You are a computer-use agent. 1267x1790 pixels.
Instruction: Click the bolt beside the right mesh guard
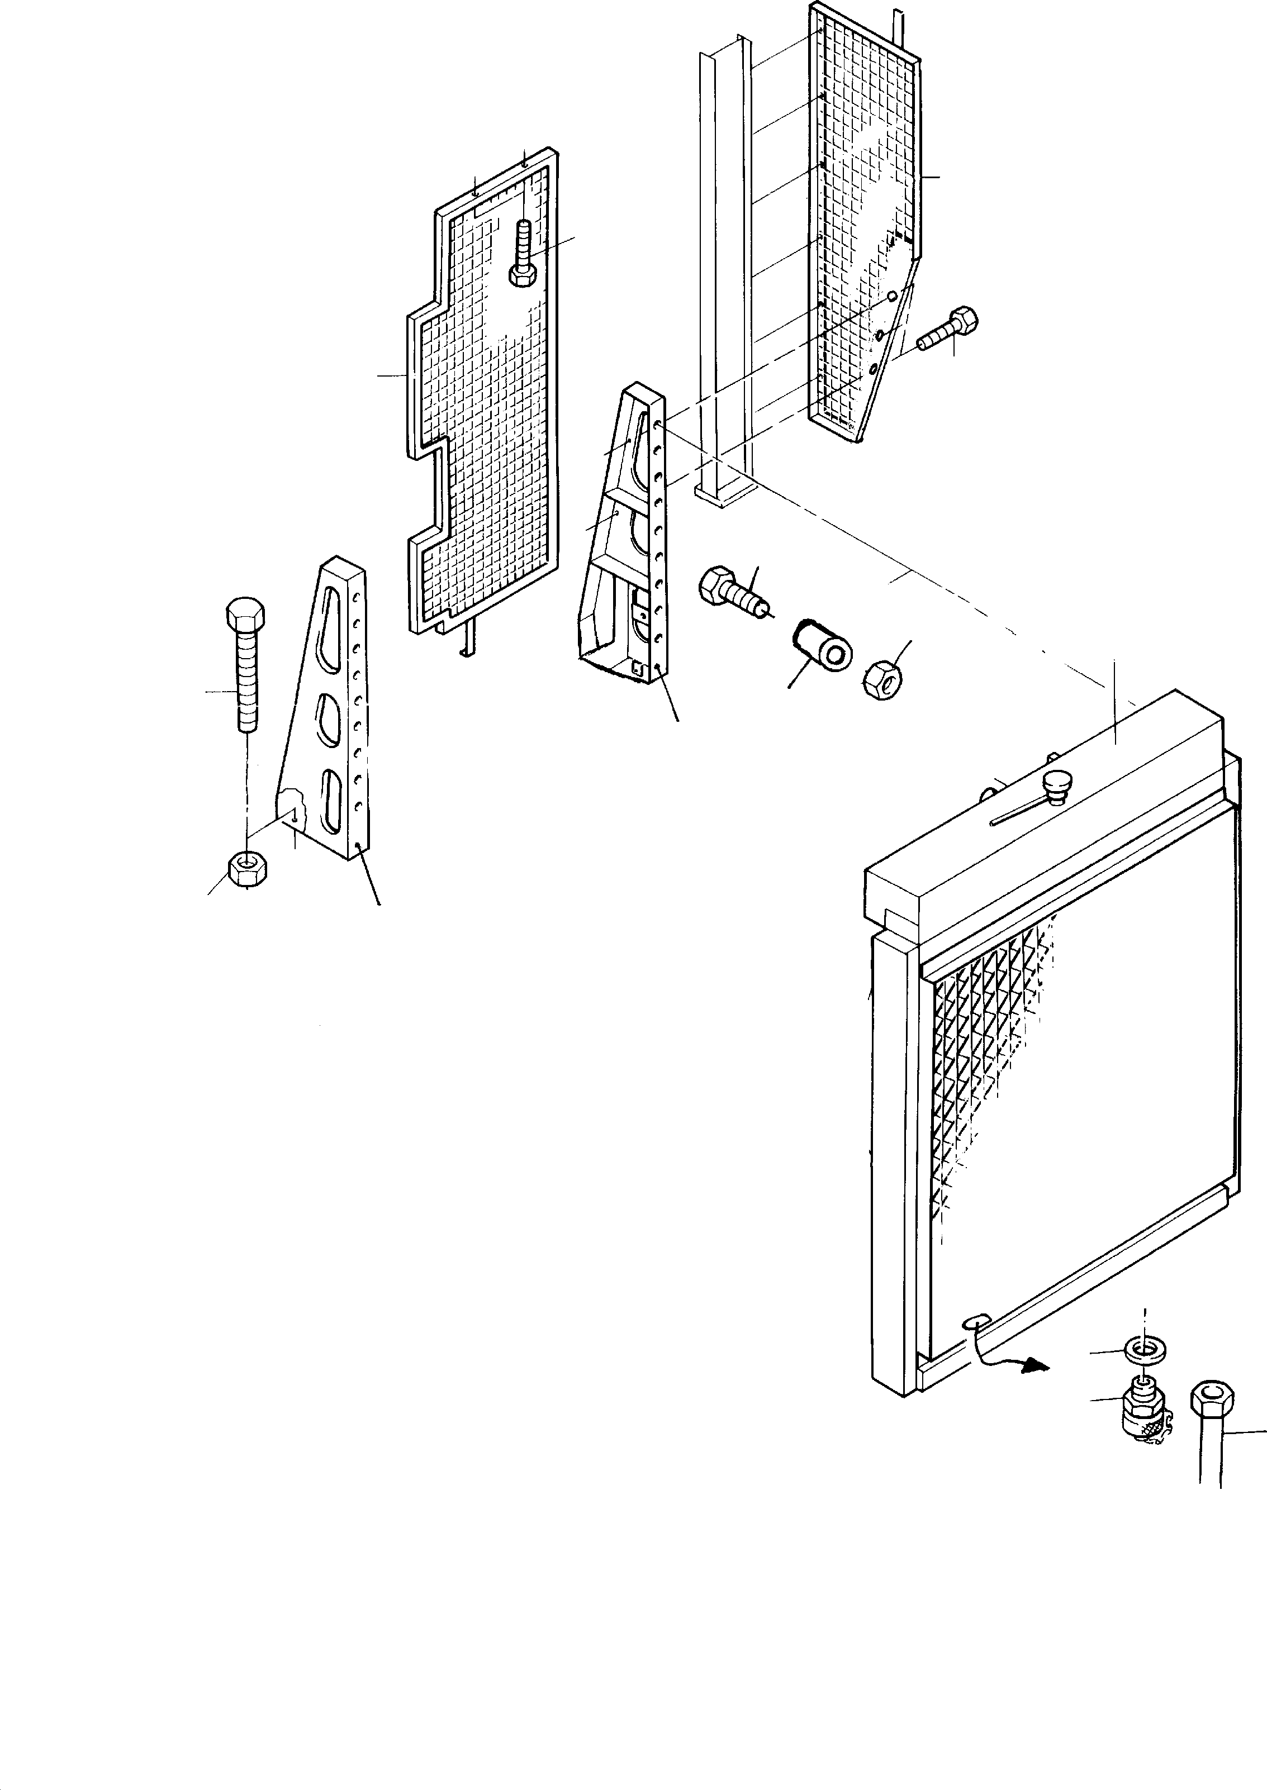click(x=948, y=329)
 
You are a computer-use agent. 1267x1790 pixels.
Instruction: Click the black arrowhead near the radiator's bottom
click(x=1035, y=1364)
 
